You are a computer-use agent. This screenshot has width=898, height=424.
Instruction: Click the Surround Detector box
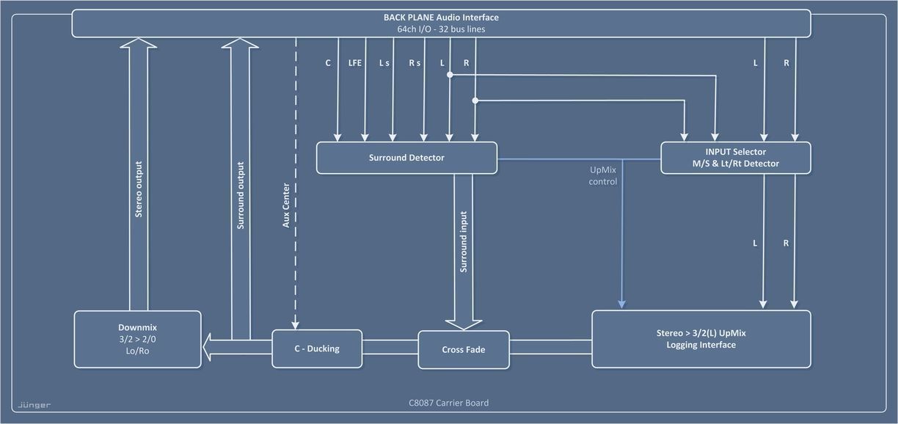[x=406, y=158]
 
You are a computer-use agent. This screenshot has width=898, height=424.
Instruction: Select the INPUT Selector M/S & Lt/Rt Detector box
[x=735, y=158]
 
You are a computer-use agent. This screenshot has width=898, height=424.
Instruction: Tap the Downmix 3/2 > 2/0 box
[x=137, y=339]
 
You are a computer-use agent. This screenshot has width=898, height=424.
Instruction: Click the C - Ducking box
[x=317, y=348]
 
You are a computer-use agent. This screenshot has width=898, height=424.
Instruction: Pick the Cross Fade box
[x=463, y=349]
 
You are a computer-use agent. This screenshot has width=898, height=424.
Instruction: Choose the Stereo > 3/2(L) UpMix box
[x=701, y=339]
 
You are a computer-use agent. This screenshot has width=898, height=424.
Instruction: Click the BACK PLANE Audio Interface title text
[x=441, y=17]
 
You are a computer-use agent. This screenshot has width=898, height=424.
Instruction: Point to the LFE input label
[x=355, y=63]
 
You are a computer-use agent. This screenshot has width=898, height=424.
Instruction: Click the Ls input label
[x=384, y=63]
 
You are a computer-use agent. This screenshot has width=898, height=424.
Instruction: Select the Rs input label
[x=415, y=63]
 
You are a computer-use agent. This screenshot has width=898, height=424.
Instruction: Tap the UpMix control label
[x=603, y=175]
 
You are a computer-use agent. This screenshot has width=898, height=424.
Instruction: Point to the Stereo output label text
[x=139, y=189]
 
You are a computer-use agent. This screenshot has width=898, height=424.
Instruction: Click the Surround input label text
[x=463, y=242]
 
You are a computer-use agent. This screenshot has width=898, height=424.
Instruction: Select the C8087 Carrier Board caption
[x=448, y=403]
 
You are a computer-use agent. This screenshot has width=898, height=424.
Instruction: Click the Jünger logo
[x=34, y=404]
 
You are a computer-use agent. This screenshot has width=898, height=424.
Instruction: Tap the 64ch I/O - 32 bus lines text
[x=441, y=29]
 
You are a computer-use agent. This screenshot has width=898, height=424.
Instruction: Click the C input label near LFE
[x=328, y=63]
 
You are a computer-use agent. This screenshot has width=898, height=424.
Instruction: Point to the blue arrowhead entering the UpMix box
[x=622, y=304]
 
